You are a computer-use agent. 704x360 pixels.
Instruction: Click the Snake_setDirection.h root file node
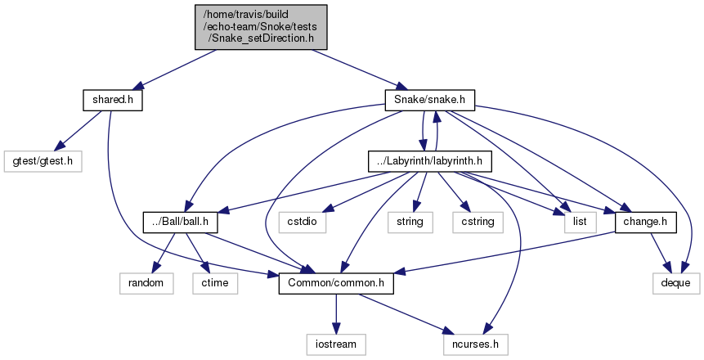point(261,28)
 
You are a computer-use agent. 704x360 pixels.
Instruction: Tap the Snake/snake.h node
point(429,99)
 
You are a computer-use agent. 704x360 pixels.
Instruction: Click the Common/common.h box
point(336,283)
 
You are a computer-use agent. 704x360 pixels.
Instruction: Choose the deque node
point(675,283)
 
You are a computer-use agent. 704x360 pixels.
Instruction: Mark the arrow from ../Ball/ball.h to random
point(159,252)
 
